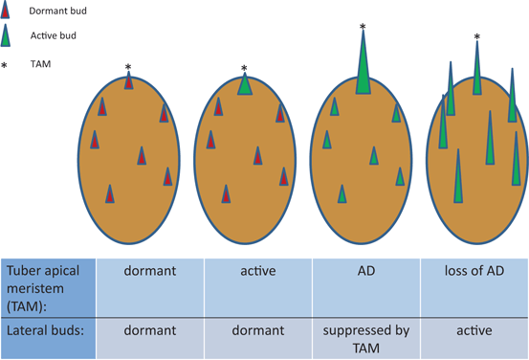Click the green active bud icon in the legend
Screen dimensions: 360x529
[x=7, y=35]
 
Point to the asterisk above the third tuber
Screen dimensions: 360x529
[x=363, y=27]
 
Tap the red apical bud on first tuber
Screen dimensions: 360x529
[x=128, y=81]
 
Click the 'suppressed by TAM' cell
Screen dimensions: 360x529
[x=367, y=339]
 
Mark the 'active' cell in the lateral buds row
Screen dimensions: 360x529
[x=474, y=330]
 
